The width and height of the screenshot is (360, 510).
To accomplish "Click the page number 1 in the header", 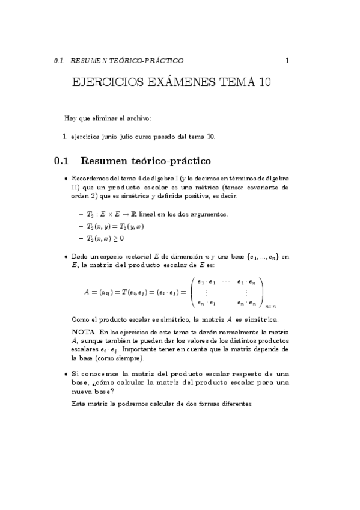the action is [x=288, y=60].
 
